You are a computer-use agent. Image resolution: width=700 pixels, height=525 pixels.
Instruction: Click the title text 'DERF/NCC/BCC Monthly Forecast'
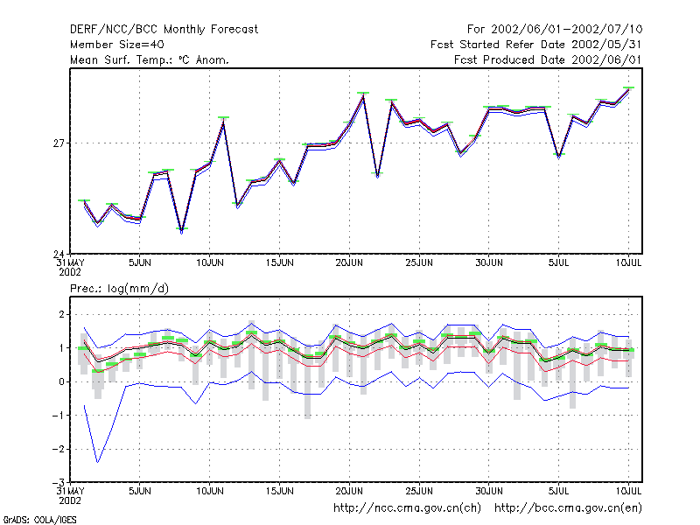[164, 30]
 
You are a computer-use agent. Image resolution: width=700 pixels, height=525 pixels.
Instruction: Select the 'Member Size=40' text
[117, 45]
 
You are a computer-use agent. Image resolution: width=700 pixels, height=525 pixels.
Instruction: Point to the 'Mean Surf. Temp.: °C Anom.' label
[149, 59]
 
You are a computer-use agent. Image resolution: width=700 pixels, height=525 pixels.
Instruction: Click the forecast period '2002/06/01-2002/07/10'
[566, 30]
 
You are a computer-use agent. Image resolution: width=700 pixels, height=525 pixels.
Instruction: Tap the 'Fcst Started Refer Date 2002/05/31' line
[535, 45]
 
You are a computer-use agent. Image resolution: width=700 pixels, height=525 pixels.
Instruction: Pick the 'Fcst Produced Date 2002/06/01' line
[548, 59]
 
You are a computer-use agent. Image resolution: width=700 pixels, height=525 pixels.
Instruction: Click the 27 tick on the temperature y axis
[59, 143]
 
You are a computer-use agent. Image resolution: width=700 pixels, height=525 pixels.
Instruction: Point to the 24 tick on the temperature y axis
[59, 254]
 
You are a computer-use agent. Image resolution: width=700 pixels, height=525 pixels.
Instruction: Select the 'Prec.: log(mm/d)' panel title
[119, 289]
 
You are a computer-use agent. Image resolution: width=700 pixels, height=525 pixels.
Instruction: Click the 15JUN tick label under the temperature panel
[279, 263]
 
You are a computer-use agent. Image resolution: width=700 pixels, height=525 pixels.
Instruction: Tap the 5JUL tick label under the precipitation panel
[558, 491]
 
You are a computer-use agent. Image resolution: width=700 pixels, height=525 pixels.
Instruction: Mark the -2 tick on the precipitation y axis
[58, 449]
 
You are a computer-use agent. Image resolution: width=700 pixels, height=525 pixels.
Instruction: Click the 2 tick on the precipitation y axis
[61, 314]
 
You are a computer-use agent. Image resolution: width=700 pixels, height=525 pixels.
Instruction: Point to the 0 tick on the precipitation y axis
[61, 381]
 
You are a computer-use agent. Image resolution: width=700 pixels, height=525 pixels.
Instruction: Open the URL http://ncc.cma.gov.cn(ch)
[407, 508]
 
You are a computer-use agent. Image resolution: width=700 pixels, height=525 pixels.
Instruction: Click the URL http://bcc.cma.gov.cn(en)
[568, 508]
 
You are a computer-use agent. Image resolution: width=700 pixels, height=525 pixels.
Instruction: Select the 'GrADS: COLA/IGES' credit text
[39, 520]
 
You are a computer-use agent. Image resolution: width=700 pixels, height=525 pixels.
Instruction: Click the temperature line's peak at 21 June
[363, 96]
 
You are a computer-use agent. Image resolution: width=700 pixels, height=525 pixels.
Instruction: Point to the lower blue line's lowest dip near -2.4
[97, 462]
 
